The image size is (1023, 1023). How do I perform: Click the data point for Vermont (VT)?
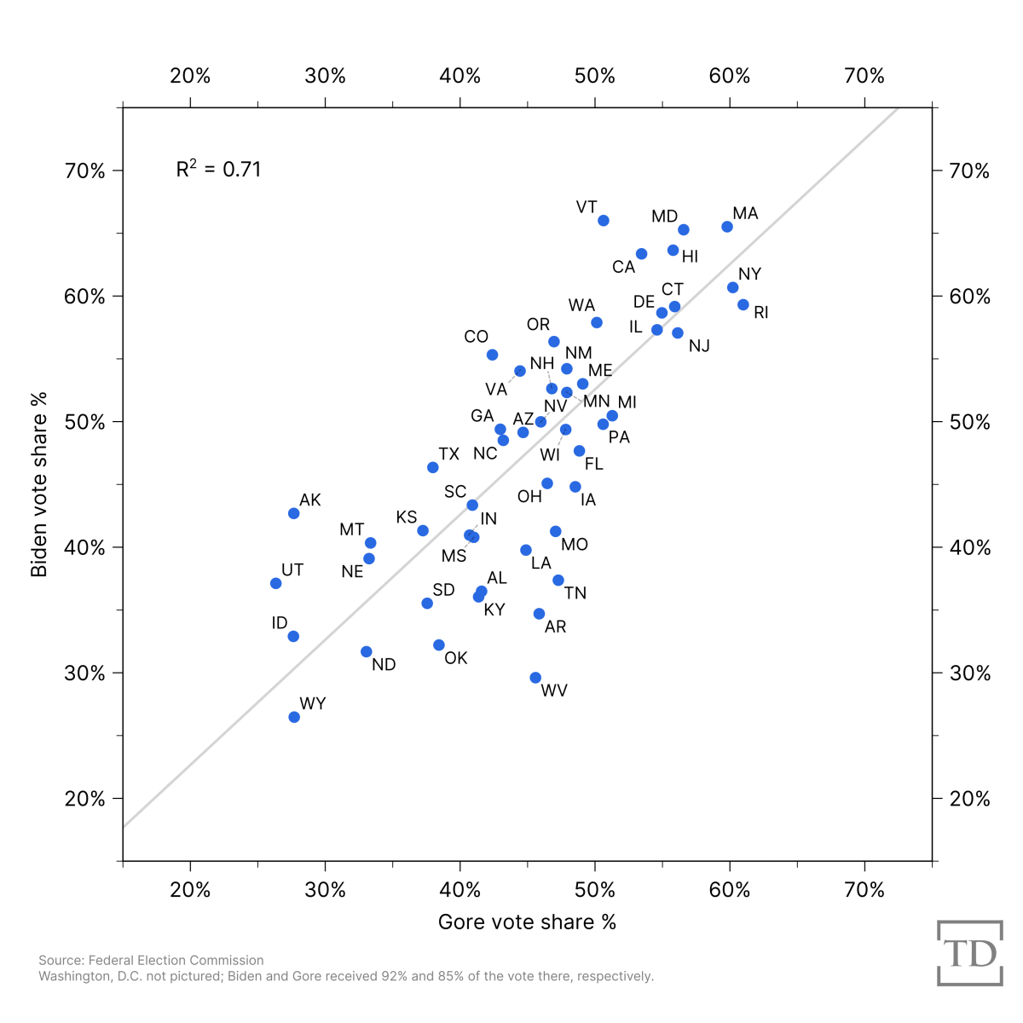(604, 221)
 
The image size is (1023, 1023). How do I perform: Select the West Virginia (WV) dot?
(535, 678)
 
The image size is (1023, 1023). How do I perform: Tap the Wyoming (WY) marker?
(294, 717)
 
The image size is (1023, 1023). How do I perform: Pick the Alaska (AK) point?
(294, 513)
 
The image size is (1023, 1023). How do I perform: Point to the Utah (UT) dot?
(275, 583)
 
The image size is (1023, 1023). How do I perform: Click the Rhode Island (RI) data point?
(743, 304)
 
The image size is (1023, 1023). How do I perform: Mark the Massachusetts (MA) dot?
(727, 227)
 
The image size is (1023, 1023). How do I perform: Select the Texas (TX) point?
(433, 467)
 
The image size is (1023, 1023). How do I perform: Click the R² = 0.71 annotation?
(218, 169)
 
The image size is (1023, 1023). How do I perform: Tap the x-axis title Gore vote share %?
(527, 922)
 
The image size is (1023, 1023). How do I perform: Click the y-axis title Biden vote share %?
(39, 484)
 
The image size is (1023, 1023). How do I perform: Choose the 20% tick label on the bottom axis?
(190, 890)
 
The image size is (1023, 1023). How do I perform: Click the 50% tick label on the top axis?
(595, 76)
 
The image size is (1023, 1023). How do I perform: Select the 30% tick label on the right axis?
(970, 673)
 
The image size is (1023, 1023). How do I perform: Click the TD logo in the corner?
(969, 953)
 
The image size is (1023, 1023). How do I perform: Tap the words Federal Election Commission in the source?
(176, 960)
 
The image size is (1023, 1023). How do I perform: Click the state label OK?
(456, 658)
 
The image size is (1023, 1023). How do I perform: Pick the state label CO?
(476, 337)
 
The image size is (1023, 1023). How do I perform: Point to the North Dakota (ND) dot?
(367, 651)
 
